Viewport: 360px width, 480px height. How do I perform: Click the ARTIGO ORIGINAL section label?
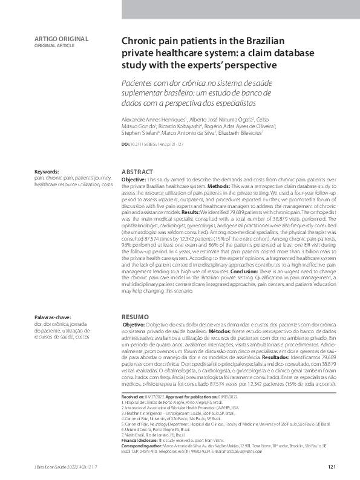pos(62,39)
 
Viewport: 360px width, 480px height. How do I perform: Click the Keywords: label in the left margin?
pos(47,172)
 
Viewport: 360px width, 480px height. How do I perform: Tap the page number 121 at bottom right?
pos(332,467)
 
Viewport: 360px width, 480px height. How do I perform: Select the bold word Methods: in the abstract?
pos(223,180)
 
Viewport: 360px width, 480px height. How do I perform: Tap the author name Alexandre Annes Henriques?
pos(154,120)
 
